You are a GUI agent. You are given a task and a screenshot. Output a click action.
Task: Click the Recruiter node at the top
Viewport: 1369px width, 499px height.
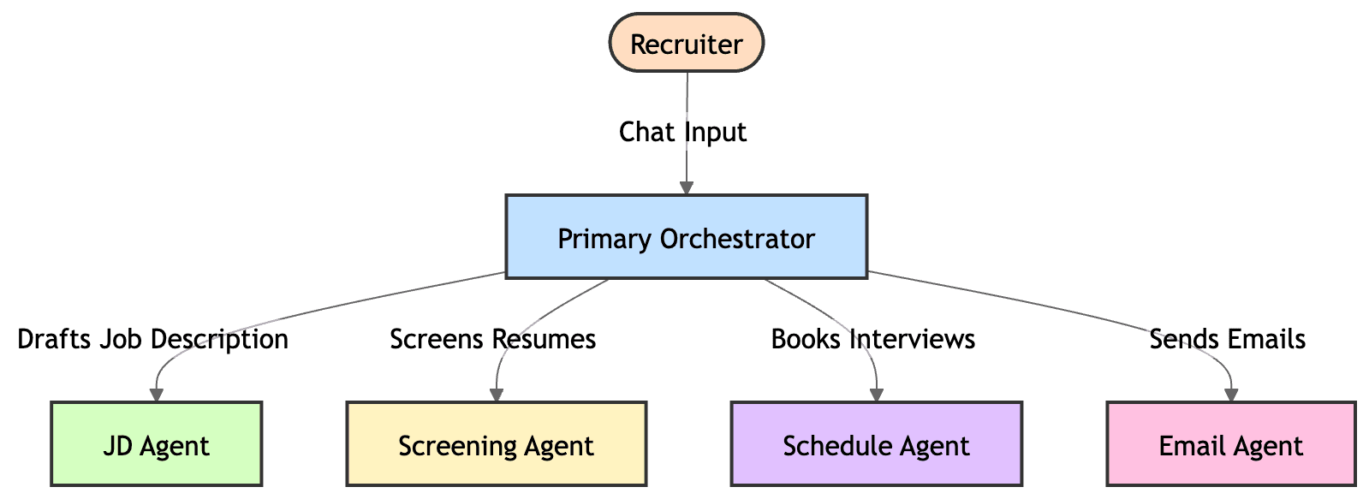(x=686, y=43)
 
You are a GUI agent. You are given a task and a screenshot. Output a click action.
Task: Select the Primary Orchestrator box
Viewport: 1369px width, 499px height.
(x=686, y=237)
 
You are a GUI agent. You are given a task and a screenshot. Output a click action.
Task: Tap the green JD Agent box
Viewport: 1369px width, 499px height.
(x=156, y=445)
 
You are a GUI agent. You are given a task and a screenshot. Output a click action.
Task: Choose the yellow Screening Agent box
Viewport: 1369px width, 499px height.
(x=496, y=445)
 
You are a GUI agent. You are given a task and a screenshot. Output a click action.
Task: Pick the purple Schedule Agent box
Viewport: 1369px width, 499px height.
(x=876, y=445)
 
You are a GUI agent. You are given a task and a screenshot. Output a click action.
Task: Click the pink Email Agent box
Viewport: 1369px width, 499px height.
(x=1230, y=445)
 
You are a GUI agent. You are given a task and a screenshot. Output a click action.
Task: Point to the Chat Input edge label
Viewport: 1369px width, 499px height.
(x=683, y=133)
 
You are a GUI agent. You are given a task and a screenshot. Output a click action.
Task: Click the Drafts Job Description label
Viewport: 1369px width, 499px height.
(x=153, y=339)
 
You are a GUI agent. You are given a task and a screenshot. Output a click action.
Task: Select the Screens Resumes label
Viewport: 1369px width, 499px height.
(x=492, y=339)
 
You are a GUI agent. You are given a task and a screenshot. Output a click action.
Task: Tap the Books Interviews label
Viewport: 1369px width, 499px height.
(x=872, y=339)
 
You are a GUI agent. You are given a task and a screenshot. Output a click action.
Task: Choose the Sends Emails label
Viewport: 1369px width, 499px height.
(x=1227, y=339)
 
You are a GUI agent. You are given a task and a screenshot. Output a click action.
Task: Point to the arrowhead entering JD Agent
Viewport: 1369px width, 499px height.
(x=157, y=394)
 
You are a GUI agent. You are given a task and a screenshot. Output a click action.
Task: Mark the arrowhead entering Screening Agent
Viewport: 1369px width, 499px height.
(x=496, y=394)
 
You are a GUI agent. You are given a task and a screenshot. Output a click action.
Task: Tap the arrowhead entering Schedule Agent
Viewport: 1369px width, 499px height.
(x=877, y=394)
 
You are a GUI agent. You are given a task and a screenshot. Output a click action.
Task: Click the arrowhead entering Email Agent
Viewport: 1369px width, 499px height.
(x=1231, y=394)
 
